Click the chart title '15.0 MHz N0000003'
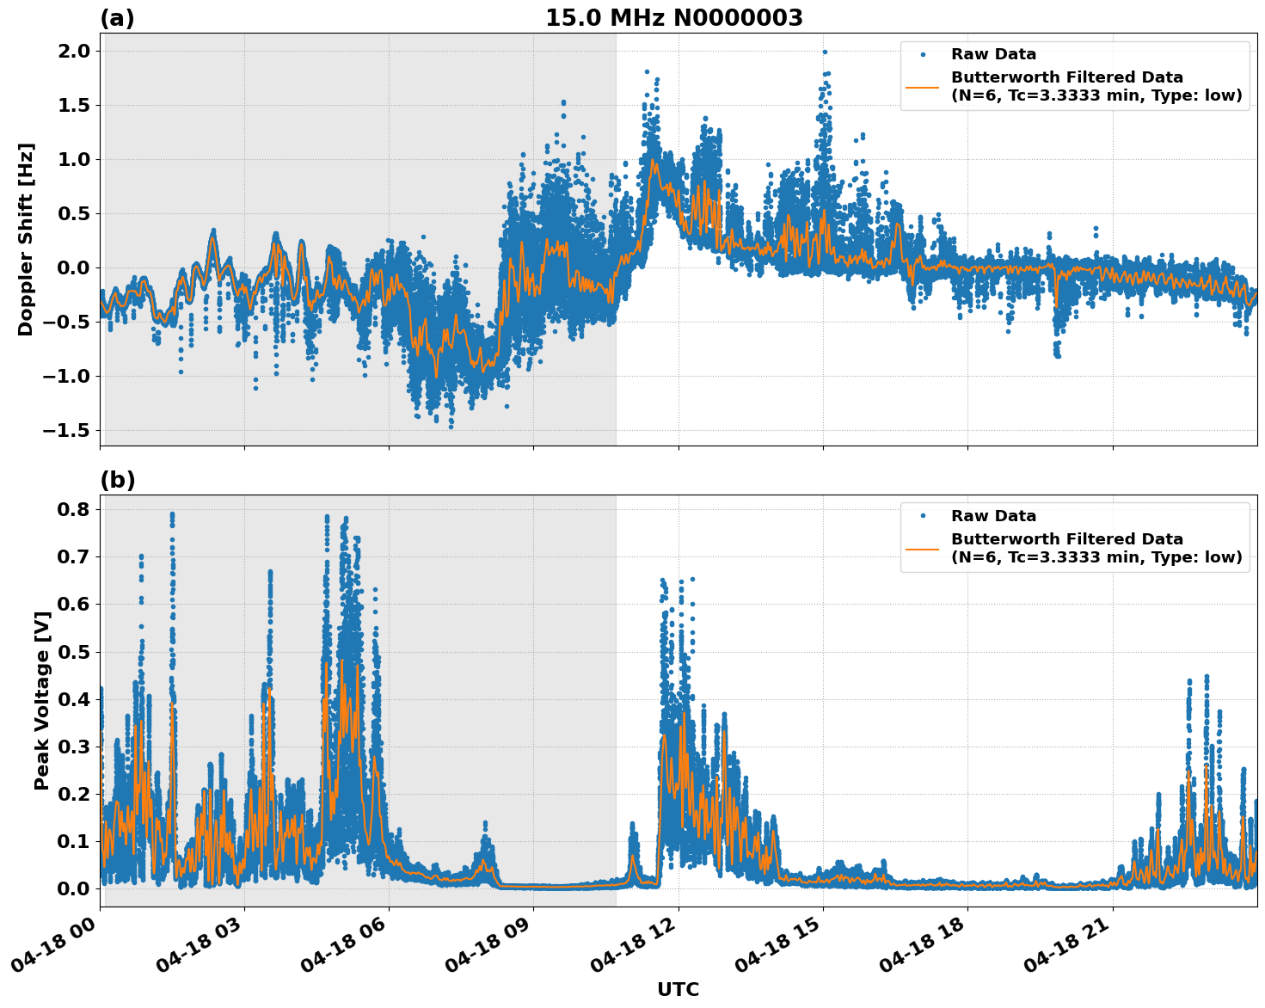(x=673, y=18)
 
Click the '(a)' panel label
(x=117, y=18)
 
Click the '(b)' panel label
(x=118, y=480)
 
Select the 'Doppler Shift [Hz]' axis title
(x=26, y=239)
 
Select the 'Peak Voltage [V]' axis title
(x=41, y=700)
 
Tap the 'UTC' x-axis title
(x=678, y=989)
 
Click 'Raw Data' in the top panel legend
(x=993, y=54)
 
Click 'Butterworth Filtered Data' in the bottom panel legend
(x=1066, y=539)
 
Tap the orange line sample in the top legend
(x=923, y=86)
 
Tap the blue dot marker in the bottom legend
(x=923, y=516)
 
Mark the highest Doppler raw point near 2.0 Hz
(x=824, y=52)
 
